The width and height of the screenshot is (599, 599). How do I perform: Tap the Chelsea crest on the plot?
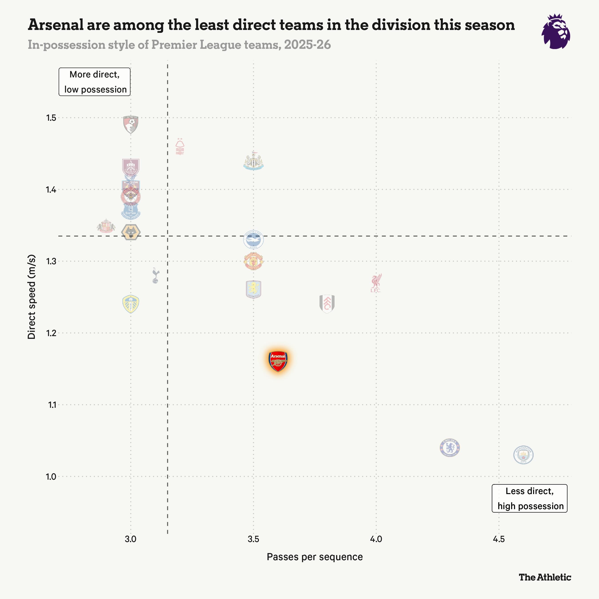point(449,448)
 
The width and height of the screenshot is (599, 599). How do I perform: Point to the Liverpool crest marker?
point(376,283)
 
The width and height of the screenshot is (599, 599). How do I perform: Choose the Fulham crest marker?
point(327,303)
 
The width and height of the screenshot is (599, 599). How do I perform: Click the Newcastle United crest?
point(254,162)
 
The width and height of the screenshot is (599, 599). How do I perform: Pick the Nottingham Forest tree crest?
point(180,147)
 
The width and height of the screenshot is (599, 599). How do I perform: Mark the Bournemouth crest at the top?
point(130,125)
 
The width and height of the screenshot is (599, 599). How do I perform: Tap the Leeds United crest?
point(130,304)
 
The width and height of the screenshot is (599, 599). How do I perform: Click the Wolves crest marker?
point(130,232)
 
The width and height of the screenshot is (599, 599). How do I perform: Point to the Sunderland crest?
point(106,226)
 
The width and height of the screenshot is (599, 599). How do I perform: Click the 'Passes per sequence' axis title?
point(315,557)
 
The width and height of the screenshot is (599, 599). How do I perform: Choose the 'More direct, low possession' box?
point(95,82)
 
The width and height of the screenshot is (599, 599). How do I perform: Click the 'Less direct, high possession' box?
point(530,498)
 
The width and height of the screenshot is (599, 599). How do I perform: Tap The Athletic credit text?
point(545,577)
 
